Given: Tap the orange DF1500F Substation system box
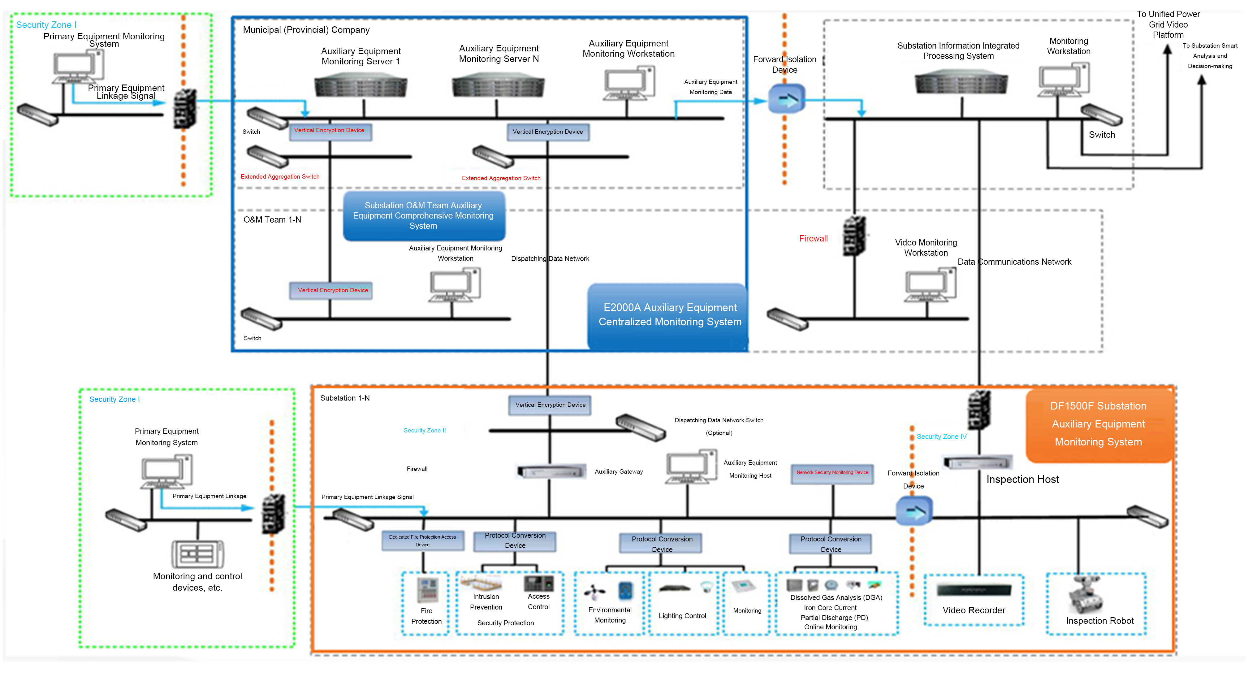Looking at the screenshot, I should click(1098, 424).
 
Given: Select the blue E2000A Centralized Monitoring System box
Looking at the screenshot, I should click(670, 315).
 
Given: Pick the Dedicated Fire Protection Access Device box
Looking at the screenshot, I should click(422, 541).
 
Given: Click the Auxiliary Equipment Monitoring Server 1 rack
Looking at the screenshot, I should click(361, 86).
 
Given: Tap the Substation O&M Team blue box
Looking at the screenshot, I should click(423, 216).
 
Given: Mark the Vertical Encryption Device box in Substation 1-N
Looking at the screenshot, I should click(550, 405).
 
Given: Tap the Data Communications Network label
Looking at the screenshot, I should click(1014, 262).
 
